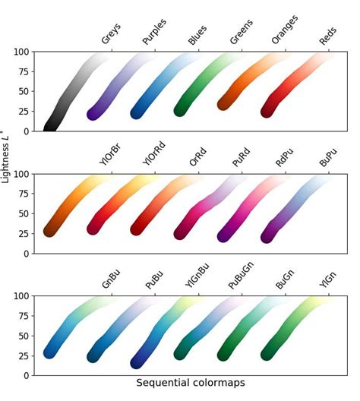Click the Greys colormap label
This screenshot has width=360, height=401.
pyautogui.click(x=111, y=34)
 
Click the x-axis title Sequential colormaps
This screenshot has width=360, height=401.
pyautogui.click(x=191, y=384)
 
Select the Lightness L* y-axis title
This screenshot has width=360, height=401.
pyautogui.click(x=7, y=151)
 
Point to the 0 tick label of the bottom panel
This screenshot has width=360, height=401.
pyautogui.click(x=27, y=375)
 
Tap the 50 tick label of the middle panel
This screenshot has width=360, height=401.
pyautogui.click(x=24, y=214)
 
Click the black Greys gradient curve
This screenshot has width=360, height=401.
pyautogui.click(x=68, y=91)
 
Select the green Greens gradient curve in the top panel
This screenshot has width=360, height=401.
pyautogui.click(x=205, y=87)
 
